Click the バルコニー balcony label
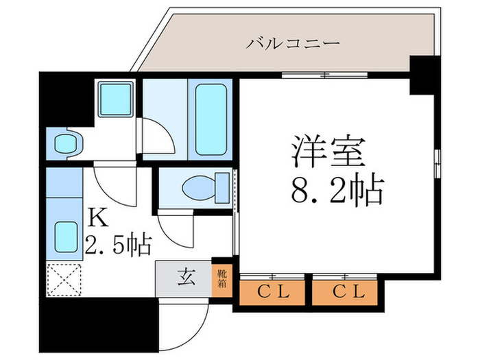[x=293, y=45]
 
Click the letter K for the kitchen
[x=98, y=218]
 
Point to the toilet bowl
[x=199, y=186]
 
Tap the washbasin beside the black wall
[x=67, y=144]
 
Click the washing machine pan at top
[x=115, y=99]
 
